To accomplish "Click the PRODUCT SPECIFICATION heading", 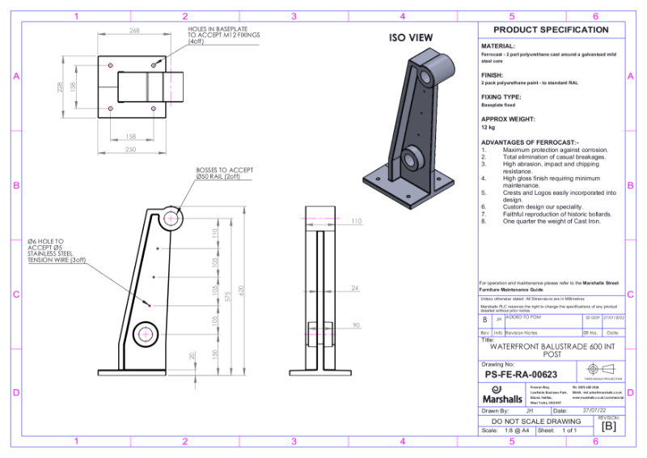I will [x=556, y=30].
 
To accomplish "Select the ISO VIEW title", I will [x=411, y=38].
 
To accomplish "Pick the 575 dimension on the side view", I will [x=229, y=298].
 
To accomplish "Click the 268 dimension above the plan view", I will [x=134, y=31].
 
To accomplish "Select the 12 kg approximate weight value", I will [x=488, y=128].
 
